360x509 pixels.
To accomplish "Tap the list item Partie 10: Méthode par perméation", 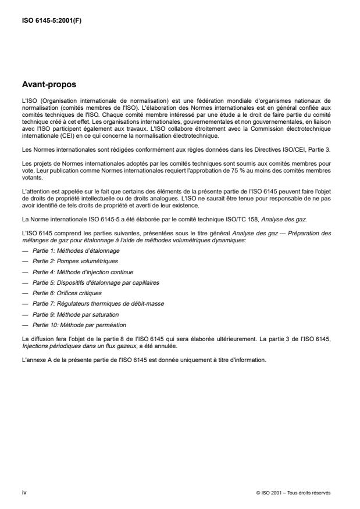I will [74, 324].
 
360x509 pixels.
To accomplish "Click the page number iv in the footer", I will [24, 492].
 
